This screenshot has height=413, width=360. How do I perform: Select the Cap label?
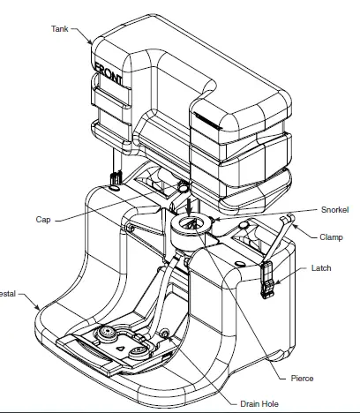click(43, 219)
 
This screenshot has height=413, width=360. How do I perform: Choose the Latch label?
click(321, 268)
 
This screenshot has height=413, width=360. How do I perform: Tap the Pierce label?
click(303, 378)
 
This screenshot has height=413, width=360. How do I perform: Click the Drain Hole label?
click(260, 403)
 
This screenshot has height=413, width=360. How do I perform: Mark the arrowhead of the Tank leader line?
click(93, 44)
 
